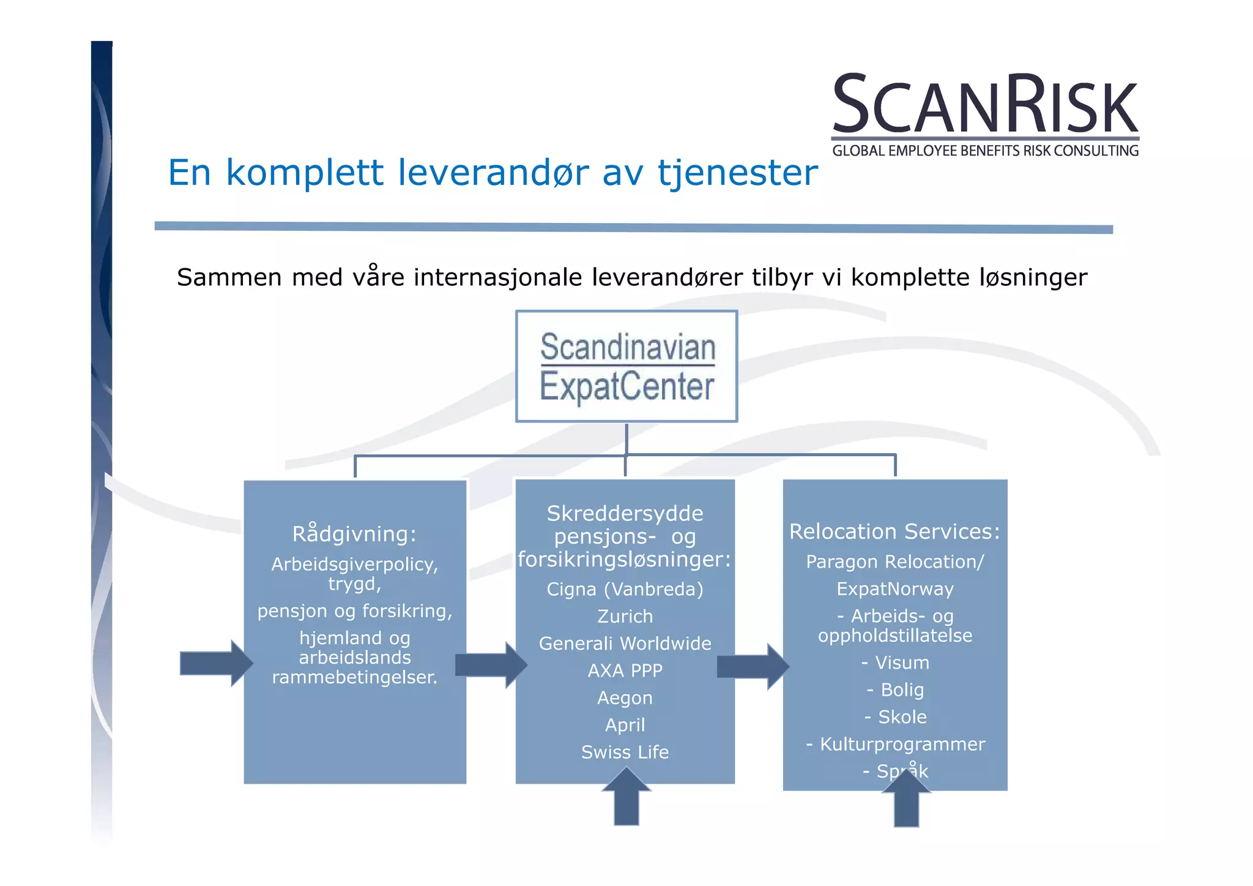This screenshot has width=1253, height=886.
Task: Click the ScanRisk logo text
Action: point(985,104)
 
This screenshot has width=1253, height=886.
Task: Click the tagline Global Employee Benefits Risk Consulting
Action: point(985,151)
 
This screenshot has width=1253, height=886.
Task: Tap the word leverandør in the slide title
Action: point(493,173)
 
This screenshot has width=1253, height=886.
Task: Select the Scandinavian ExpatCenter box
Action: point(626,366)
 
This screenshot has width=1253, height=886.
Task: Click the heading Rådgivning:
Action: point(354,534)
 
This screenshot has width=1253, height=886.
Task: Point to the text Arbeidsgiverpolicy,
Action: point(354,564)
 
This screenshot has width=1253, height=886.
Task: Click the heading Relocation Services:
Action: point(894,531)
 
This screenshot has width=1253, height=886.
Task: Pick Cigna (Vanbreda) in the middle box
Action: point(625,589)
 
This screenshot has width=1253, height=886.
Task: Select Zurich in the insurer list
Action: point(625,616)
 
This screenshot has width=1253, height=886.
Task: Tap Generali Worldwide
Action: point(625,644)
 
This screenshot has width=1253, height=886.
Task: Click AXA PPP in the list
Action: point(625,670)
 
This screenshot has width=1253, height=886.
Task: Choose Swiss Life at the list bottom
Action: point(625,752)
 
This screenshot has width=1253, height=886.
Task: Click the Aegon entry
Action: point(625,698)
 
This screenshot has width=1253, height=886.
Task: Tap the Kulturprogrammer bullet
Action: point(896,744)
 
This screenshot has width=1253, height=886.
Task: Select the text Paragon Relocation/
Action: point(894,561)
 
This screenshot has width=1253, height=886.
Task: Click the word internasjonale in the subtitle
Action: point(497,277)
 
